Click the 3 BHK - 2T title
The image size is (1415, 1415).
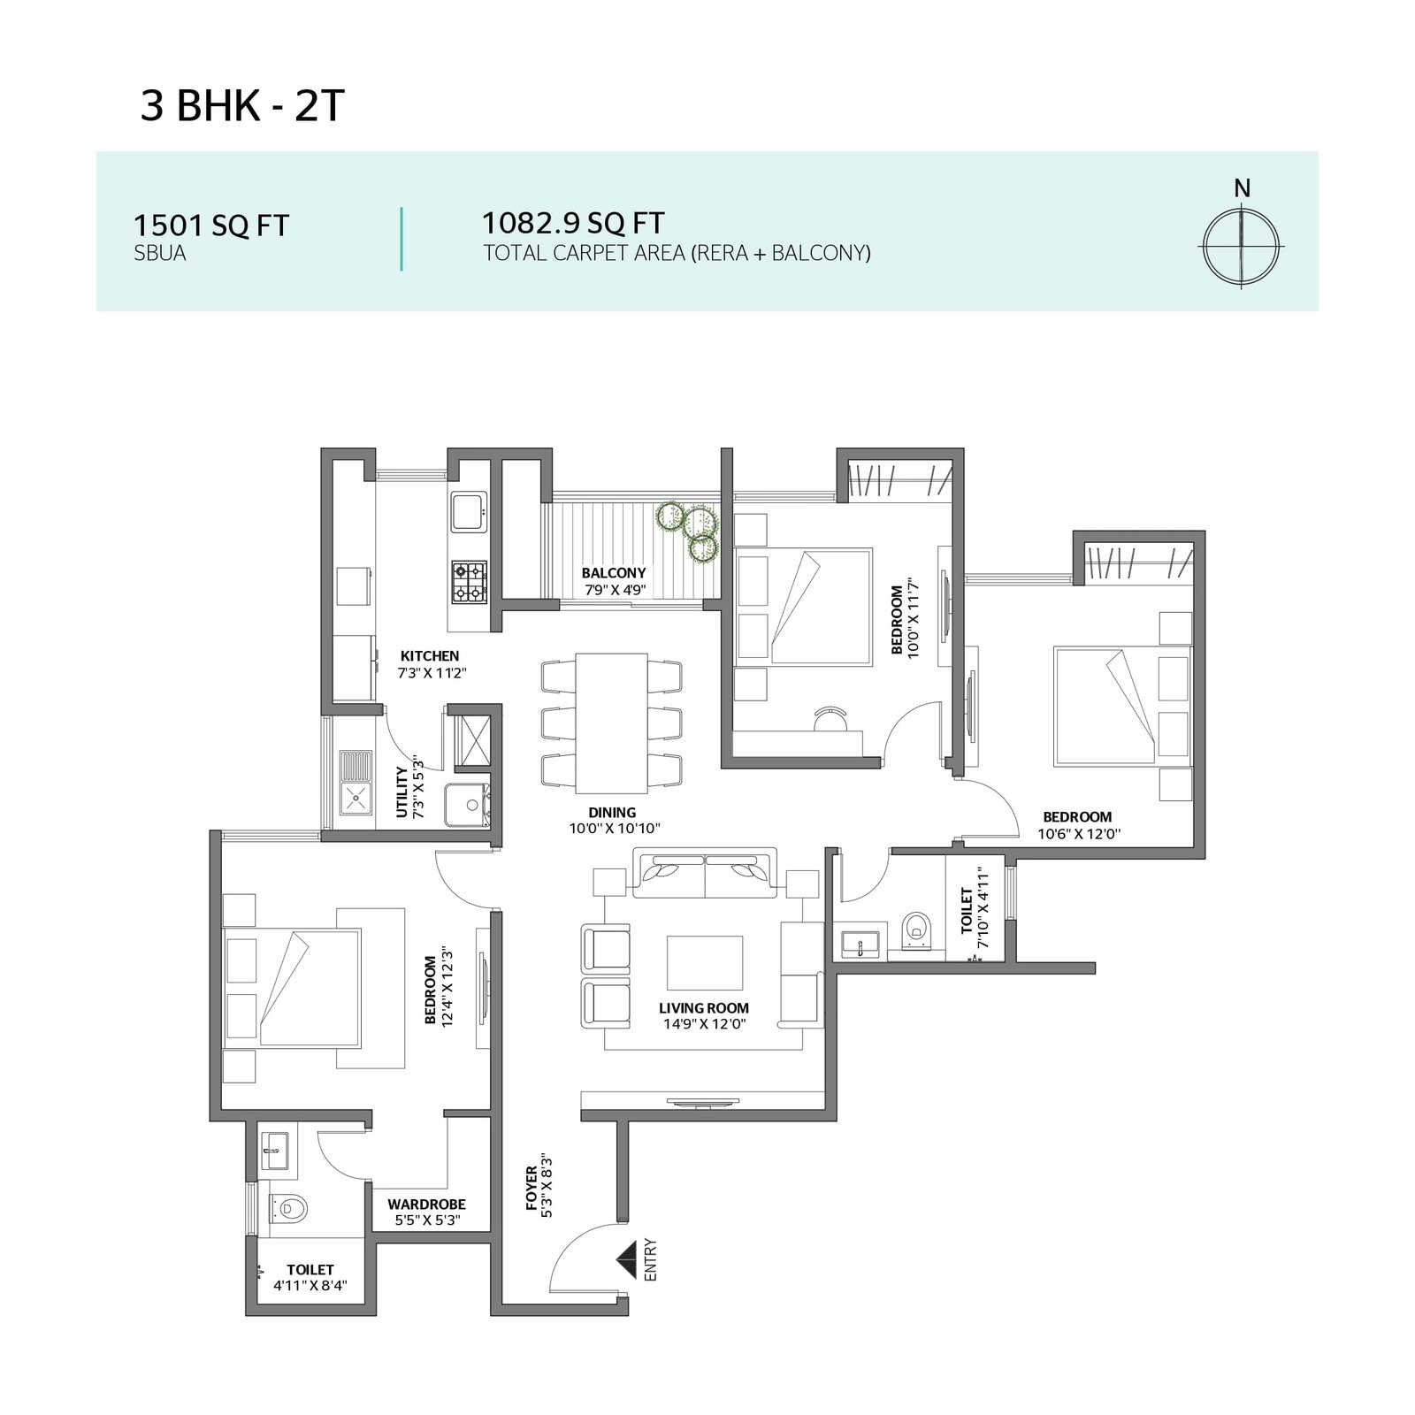(x=241, y=107)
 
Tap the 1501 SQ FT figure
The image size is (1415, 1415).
(x=210, y=226)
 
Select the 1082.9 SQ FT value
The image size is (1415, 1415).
(x=573, y=222)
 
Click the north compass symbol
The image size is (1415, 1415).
(x=1242, y=246)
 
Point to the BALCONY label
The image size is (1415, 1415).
(x=614, y=573)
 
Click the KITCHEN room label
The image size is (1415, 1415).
(x=430, y=656)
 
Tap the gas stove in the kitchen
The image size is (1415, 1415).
(x=470, y=581)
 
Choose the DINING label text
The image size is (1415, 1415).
(x=612, y=813)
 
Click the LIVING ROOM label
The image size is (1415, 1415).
(x=704, y=1008)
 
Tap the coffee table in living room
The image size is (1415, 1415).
(x=705, y=963)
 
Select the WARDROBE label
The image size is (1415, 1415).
(x=426, y=1205)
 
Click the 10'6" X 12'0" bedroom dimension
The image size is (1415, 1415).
(x=1079, y=833)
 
